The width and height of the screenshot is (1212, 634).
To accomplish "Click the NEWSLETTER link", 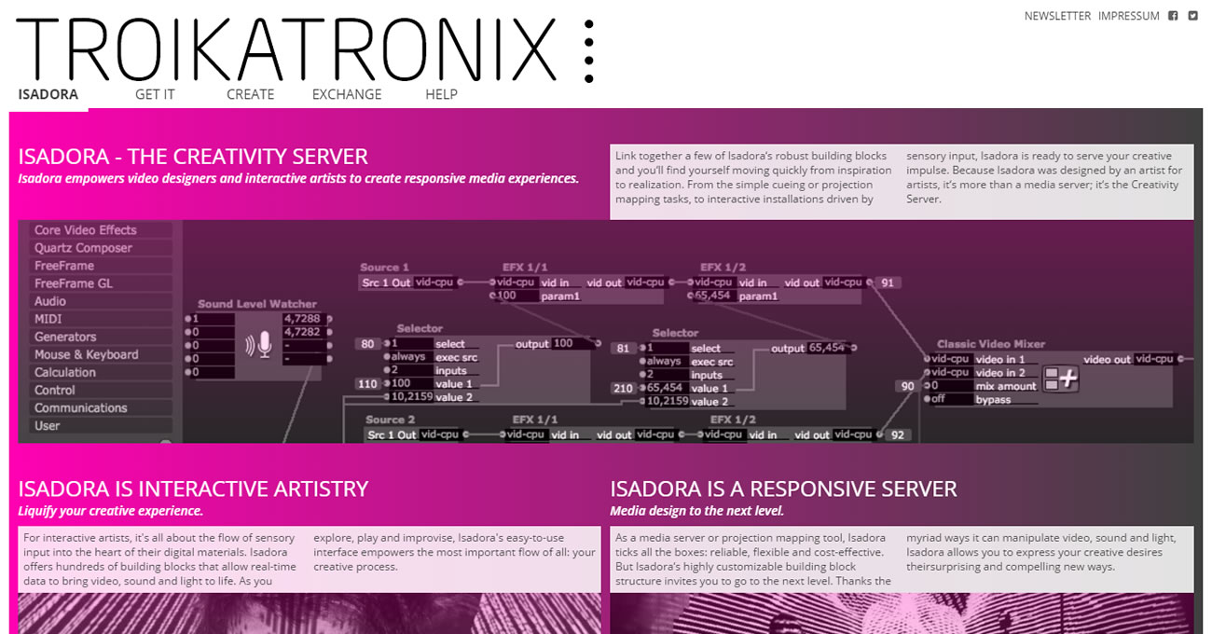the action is [x=1057, y=16].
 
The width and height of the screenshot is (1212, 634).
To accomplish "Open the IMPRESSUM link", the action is [x=1128, y=16].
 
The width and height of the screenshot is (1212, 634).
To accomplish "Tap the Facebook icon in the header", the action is [x=1173, y=16].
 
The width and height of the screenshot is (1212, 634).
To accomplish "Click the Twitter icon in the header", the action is [x=1192, y=16].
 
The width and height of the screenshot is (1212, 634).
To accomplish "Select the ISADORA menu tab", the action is [x=48, y=94].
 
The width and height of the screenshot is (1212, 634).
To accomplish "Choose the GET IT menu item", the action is [x=155, y=94].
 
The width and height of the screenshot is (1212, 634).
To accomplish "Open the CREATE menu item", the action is [x=250, y=94].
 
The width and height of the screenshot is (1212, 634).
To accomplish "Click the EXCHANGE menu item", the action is [x=347, y=94].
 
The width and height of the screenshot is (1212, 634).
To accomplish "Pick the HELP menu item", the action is [x=441, y=94].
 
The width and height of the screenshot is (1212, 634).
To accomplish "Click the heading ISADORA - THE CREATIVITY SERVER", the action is [x=193, y=157].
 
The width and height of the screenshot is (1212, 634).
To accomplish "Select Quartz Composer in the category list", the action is [x=83, y=248].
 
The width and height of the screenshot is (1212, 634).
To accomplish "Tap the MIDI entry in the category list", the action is [x=48, y=319].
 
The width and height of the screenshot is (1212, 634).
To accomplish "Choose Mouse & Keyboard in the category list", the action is [x=86, y=354].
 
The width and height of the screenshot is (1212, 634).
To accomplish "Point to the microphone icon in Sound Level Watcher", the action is [x=265, y=346].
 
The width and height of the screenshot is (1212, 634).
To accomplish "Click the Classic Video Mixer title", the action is [x=991, y=344].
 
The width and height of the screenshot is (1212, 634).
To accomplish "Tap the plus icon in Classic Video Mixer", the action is [x=1060, y=379].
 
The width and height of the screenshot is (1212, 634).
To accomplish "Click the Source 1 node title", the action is [x=384, y=268].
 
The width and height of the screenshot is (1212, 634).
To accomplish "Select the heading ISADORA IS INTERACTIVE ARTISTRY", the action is [x=193, y=489].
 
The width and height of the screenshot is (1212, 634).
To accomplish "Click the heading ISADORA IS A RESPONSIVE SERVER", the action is [x=783, y=489].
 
